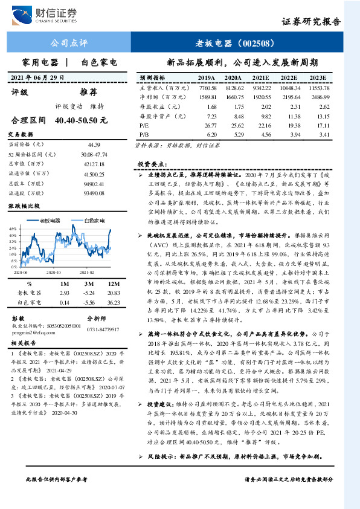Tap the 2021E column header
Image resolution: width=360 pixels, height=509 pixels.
pos(260,79)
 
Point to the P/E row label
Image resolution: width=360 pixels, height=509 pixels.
pos(144,125)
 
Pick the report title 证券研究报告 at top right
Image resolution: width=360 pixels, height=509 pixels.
pos(312,21)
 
